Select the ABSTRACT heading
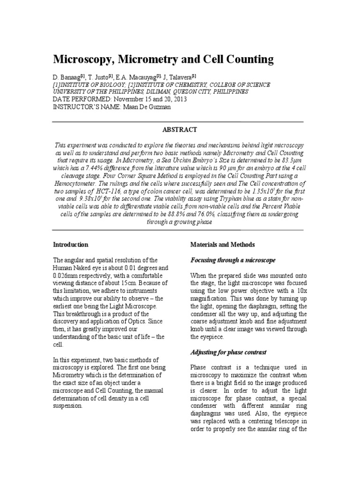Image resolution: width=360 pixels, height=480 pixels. [x=180, y=129]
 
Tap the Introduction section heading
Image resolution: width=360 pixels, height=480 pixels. [x=71, y=245]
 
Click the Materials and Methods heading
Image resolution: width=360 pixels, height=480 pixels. [x=222, y=245]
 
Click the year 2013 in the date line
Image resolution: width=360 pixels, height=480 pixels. [x=160, y=99]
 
